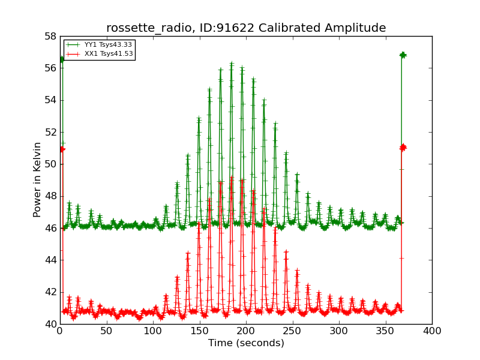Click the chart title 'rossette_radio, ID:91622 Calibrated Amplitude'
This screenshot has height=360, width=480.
[x=246, y=28]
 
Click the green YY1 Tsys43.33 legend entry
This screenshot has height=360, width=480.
[x=99, y=44]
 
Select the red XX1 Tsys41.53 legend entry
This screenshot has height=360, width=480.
[x=99, y=54]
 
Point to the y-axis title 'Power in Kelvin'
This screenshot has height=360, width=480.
[x=37, y=180]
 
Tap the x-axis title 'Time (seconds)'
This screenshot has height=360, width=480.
[x=246, y=343]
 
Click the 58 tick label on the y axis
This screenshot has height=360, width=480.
[x=50, y=37]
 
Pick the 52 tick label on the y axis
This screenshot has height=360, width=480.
[x=50, y=132]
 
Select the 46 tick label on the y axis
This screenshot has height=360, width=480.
[x=50, y=228]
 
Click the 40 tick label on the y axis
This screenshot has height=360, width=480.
[x=50, y=324]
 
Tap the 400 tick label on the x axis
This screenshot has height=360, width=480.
[x=432, y=331]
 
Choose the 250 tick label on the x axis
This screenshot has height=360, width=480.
[x=293, y=331]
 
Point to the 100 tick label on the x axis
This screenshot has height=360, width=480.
[x=153, y=331]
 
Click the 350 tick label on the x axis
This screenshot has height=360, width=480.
[x=385, y=331]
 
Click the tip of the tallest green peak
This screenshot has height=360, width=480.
[x=232, y=62]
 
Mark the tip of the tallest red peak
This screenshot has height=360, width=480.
[x=232, y=176]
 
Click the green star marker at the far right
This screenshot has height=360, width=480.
[x=403, y=55]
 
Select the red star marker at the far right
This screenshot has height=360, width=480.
[x=403, y=148]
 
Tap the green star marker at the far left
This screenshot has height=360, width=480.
[x=62, y=59]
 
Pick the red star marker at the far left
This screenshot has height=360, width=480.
[x=62, y=149]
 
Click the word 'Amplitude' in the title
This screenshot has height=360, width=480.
[x=355, y=28]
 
